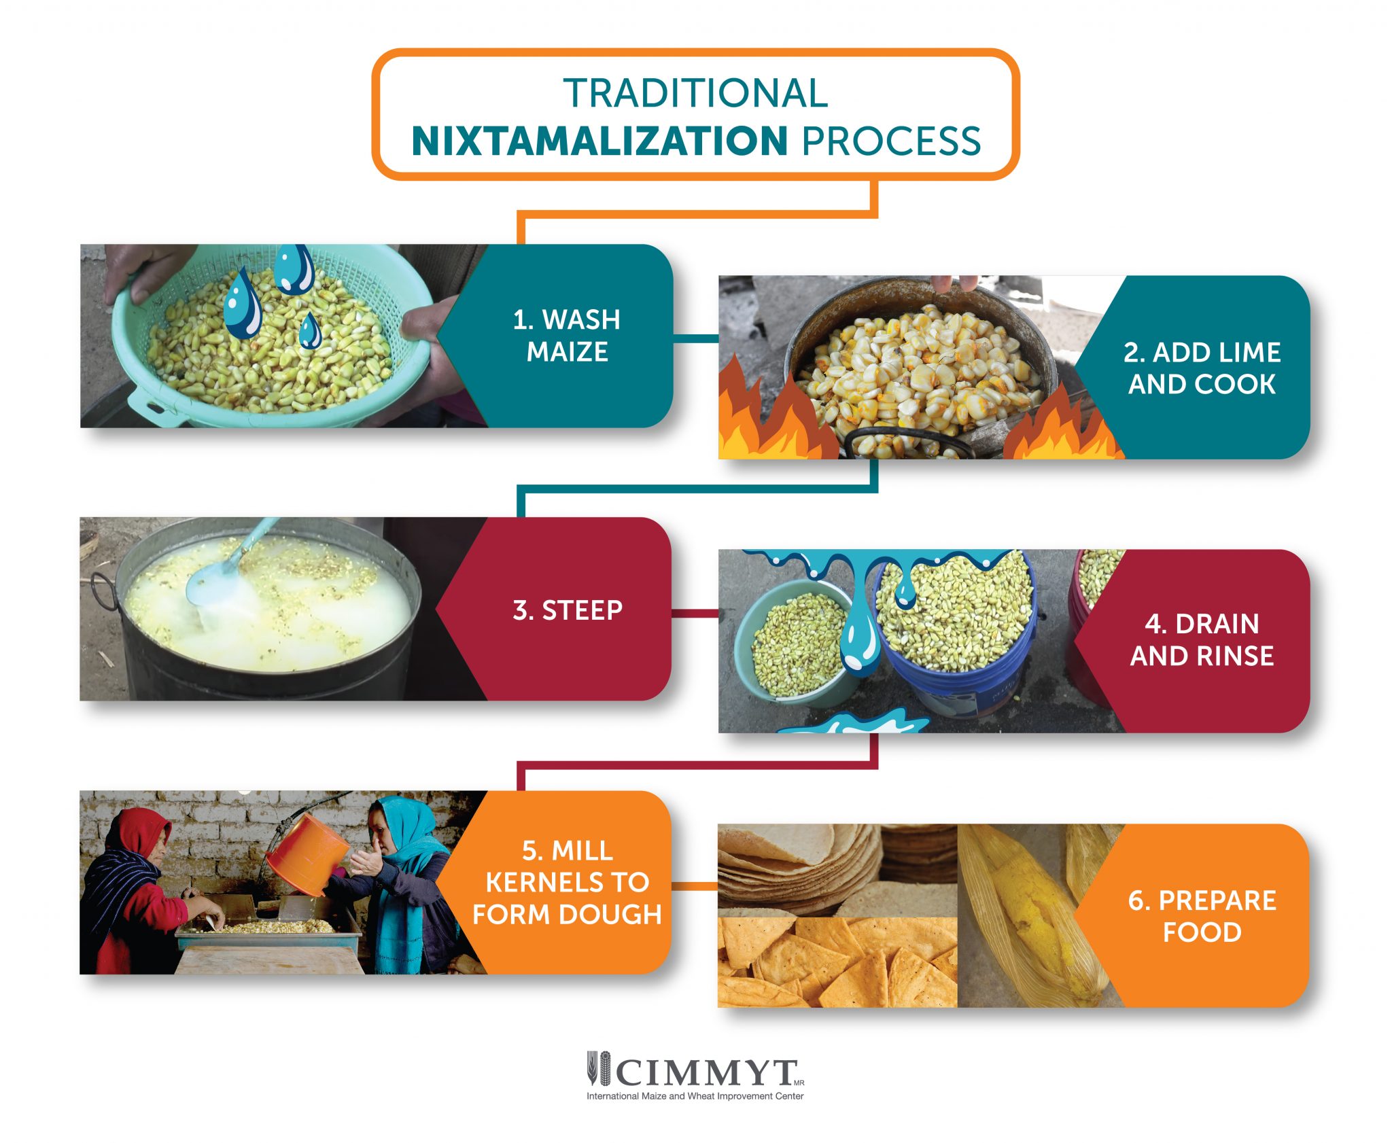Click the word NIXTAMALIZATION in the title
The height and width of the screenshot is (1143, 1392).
coord(599,141)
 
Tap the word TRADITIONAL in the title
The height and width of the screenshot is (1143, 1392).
coord(695,93)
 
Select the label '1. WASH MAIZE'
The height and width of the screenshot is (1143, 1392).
coord(567,336)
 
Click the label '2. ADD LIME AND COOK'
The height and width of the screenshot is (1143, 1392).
coord(1202,368)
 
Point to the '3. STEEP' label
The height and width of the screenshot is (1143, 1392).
coord(568,610)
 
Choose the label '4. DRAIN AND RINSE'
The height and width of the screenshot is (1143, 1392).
coord(1202,639)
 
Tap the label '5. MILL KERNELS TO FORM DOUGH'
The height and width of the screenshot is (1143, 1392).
coord(567,882)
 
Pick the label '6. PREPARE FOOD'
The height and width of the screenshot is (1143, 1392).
coord(1202,916)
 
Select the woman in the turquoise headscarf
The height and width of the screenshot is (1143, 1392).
coord(401,877)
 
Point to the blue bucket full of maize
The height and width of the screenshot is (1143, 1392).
coord(955,632)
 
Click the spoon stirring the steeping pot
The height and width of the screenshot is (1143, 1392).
coord(217,578)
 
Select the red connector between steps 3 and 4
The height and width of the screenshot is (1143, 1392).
coord(695,613)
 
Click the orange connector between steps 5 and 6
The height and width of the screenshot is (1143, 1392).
coord(695,886)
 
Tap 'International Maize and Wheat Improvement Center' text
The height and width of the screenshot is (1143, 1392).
coord(695,1096)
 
